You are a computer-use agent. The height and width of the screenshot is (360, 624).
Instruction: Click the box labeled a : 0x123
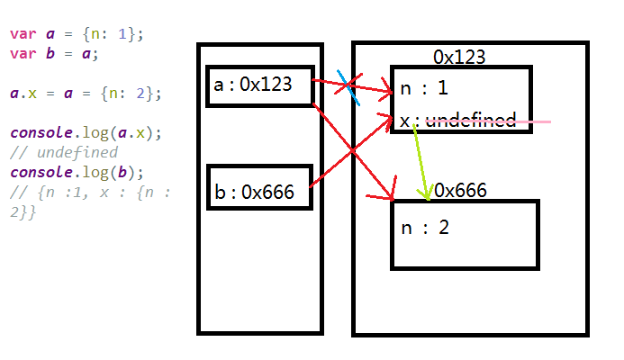259,85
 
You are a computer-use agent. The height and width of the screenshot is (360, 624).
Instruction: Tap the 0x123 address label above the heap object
459,58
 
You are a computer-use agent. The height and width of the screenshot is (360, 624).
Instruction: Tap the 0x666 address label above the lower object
461,190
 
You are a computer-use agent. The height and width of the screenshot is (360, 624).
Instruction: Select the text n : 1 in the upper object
424,90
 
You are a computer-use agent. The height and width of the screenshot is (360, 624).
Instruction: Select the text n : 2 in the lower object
425,227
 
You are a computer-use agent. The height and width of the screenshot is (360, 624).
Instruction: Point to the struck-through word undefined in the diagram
471,121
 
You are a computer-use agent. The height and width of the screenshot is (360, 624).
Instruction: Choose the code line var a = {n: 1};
77,34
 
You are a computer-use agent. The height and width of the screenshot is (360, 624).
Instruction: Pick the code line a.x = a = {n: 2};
86,93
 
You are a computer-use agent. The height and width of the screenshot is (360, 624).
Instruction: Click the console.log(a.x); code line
86,132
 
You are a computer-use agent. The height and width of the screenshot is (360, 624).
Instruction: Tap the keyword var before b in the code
22,53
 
